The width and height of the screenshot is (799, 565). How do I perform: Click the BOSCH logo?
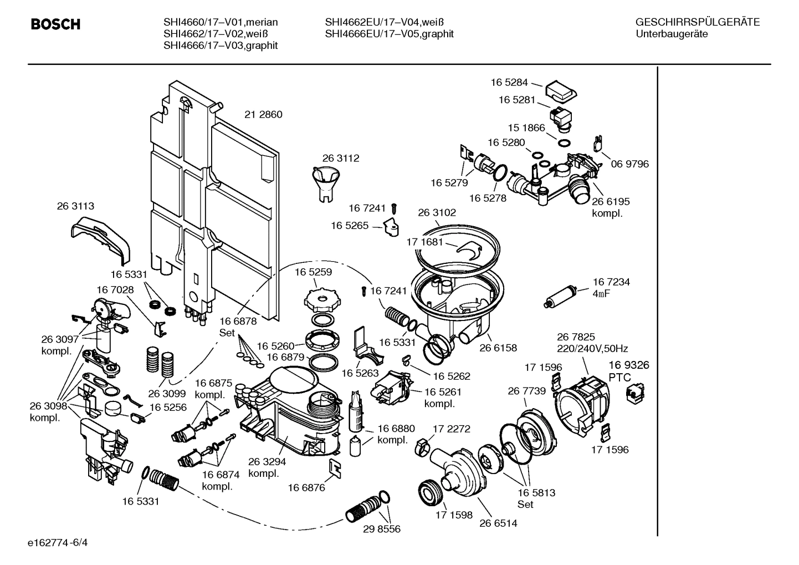click(55, 24)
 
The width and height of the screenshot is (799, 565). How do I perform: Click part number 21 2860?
click(263, 115)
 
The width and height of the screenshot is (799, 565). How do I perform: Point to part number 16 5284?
click(509, 83)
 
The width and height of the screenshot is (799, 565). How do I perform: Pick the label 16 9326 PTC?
click(621, 371)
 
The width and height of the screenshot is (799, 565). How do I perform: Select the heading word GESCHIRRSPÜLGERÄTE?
click(697, 22)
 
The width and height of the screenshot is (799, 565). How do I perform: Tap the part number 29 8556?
click(381, 529)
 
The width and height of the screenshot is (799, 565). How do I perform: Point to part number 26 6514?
click(498, 523)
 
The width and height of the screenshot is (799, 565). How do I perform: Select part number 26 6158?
click(498, 348)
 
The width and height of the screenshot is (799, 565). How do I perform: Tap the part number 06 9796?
click(629, 164)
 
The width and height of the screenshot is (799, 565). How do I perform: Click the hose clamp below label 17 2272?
click(423, 443)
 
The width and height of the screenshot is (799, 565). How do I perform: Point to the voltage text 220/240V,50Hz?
click(592, 349)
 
